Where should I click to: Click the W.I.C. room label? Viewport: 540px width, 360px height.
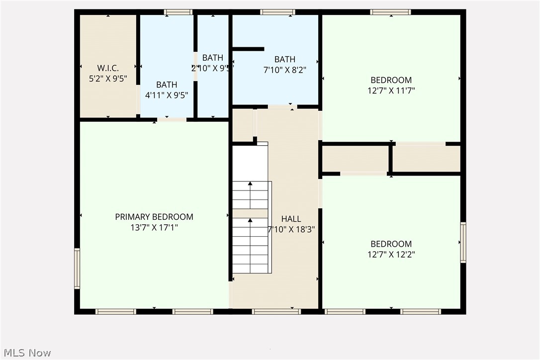click(108, 68)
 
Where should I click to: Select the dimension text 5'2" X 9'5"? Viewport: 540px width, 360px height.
click(108, 78)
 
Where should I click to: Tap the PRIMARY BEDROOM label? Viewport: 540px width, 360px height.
click(154, 217)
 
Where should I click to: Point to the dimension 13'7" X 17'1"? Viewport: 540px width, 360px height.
click(154, 228)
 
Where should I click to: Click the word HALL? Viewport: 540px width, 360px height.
click(291, 219)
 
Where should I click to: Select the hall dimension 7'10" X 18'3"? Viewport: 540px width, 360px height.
click(291, 229)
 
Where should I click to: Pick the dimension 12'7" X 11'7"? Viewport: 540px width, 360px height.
click(391, 90)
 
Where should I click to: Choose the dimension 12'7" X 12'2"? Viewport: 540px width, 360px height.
click(391, 255)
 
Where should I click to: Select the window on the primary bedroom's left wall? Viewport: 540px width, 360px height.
click(77, 269)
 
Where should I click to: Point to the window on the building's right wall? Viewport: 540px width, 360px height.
click(463, 243)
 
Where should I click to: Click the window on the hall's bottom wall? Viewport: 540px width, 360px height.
click(276, 312)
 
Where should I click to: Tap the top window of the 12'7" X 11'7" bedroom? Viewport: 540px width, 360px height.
click(390, 12)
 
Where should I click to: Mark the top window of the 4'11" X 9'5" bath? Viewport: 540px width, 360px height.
click(178, 12)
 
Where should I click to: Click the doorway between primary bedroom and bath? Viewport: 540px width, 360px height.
click(172, 119)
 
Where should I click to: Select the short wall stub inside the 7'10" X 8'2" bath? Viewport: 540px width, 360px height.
click(248, 49)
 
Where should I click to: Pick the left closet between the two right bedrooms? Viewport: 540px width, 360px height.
click(355, 159)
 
